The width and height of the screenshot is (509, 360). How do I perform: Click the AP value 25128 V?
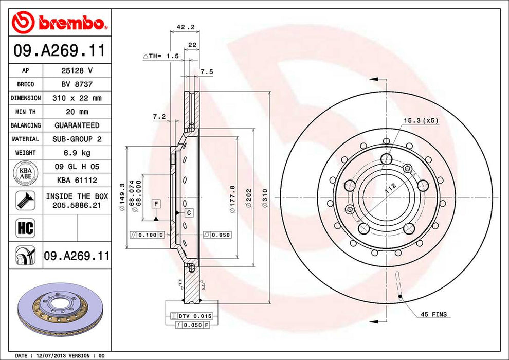point(77,70)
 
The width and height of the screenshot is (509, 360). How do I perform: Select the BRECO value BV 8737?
point(77,84)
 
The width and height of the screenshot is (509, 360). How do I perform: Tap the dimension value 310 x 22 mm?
point(77,98)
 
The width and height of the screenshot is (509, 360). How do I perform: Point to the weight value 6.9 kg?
point(77,153)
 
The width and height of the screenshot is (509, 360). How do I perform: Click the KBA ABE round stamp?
point(26,173)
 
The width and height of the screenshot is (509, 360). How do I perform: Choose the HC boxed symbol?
point(26,228)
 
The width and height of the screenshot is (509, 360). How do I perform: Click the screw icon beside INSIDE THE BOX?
point(26,201)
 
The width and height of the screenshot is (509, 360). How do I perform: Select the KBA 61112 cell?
point(77,180)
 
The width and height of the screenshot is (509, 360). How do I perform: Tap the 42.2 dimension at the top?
point(186,27)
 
